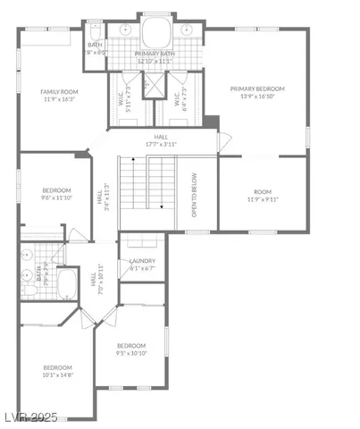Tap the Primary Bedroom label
pos(256,93)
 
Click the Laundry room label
pos(142,264)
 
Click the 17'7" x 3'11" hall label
pos(161,139)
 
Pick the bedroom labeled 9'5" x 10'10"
pos(131,349)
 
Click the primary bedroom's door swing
pos(223,141)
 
